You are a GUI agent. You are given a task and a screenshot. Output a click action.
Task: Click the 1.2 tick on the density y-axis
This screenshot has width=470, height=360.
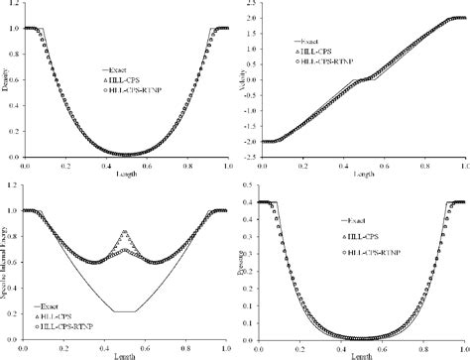25,5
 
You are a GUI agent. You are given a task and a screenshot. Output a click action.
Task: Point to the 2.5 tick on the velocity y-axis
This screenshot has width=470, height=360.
263,5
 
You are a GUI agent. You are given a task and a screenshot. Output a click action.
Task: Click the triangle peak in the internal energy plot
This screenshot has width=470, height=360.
125,232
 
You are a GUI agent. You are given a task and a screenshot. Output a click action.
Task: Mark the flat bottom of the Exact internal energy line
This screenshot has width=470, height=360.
125,312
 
